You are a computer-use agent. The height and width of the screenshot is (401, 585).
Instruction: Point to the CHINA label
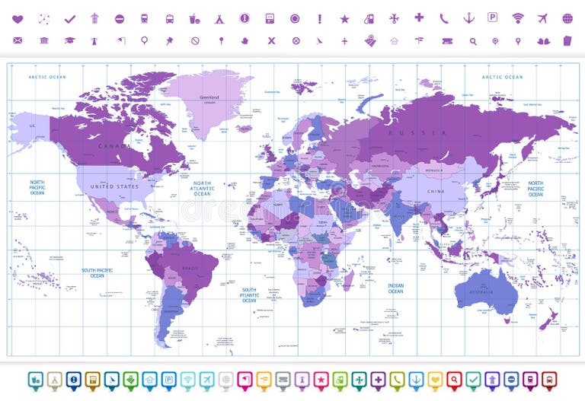pos(435,192)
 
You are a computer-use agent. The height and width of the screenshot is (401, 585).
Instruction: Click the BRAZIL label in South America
pos(189,268)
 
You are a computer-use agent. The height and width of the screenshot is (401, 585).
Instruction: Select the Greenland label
pos(209,97)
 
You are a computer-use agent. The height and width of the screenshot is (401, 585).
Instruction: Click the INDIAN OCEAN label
pos(395,288)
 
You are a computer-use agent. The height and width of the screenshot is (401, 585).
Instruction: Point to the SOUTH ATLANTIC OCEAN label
pos(249,294)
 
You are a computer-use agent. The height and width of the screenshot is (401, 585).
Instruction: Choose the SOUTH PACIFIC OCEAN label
pos(97,272)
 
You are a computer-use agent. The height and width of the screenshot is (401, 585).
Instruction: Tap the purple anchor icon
pos(468,18)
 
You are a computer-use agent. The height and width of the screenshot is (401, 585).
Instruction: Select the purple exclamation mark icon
pos(320,18)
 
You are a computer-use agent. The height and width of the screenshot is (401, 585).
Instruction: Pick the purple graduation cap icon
pos(69,40)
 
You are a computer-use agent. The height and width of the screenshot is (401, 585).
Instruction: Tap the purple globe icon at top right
pos(567,18)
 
